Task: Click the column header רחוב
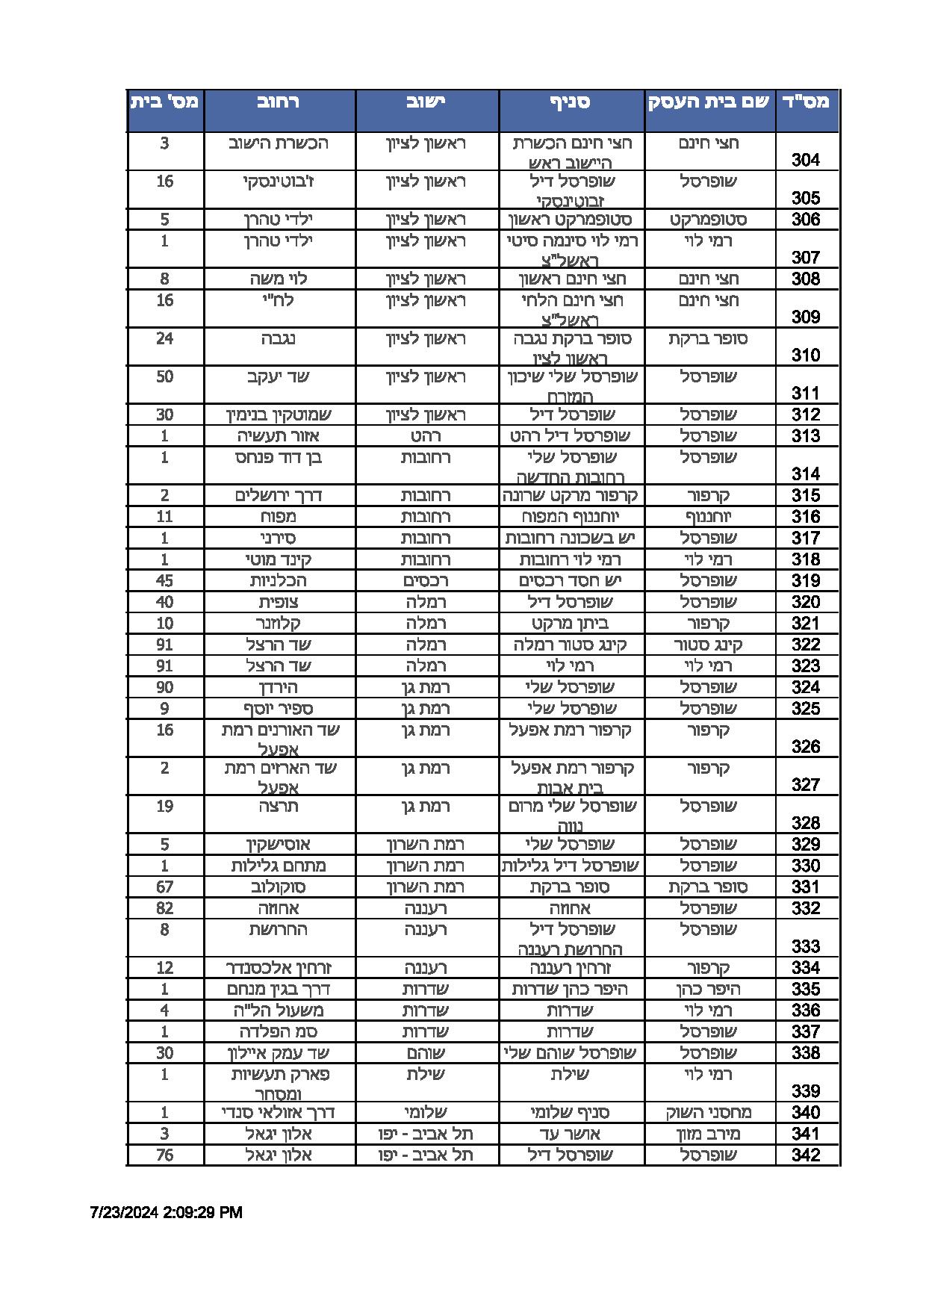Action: (279, 102)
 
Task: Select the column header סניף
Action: (571, 102)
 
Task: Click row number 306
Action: (806, 220)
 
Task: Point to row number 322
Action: (806, 645)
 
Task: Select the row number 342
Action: (806, 1155)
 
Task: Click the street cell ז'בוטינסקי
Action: (279, 181)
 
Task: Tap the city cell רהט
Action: (426, 435)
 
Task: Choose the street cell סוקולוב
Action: (279, 887)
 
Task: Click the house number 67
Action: (164, 887)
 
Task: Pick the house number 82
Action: (164, 908)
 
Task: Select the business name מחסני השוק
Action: (709, 1113)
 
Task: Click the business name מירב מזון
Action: (709, 1134)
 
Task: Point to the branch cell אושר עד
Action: (571, 1134)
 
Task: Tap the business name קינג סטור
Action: (709, 645)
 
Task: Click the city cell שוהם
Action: (426, 1053)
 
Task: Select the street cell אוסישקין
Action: (279, 845)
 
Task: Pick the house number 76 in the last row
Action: (164, 1155)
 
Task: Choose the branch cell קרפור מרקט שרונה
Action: (571, 495)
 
